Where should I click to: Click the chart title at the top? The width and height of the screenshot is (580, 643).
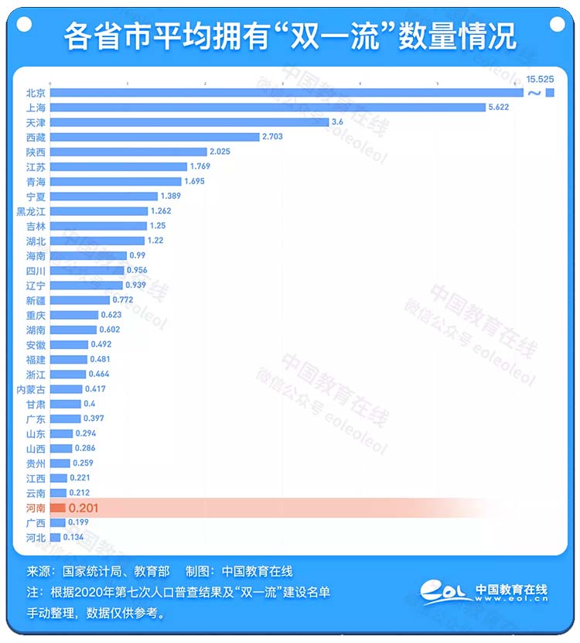tap(290, 36)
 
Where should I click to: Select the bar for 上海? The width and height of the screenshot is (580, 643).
tap(267, 108)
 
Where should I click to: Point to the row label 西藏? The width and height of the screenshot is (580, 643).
tap(36, 137)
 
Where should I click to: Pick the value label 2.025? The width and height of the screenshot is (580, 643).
tap(220, 152)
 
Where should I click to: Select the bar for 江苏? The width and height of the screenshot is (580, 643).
tap(118, 166)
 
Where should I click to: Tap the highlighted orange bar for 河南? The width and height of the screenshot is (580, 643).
tap(57, 508)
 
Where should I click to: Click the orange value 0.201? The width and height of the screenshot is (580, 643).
tap(84, 508)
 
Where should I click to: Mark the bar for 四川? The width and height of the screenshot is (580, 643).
tap(87, 271)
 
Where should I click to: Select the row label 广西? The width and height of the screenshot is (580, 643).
tap(36, 523)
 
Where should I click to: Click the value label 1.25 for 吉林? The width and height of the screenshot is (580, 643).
tap(159, 226)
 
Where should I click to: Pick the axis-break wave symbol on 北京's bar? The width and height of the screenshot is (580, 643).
tap(534, 94)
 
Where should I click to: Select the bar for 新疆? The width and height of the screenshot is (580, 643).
tap(80, 300)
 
